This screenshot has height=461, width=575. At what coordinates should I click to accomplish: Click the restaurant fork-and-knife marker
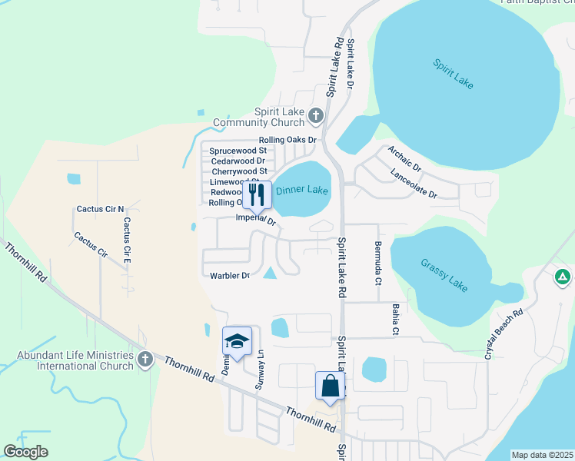pos(257,195)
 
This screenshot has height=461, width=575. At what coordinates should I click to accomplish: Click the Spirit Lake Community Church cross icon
pos(315,117)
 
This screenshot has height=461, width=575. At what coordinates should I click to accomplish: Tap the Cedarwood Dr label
pos(238,161)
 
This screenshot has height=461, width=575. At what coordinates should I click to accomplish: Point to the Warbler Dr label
pos(230,275)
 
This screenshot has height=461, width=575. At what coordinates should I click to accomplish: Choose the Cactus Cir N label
pos(100,209)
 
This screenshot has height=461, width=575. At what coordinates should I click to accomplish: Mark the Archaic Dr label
pos(404,158)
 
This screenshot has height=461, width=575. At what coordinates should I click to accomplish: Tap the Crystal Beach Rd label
pos(504,335)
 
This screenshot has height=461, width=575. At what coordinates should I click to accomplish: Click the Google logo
pos(26,452)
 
